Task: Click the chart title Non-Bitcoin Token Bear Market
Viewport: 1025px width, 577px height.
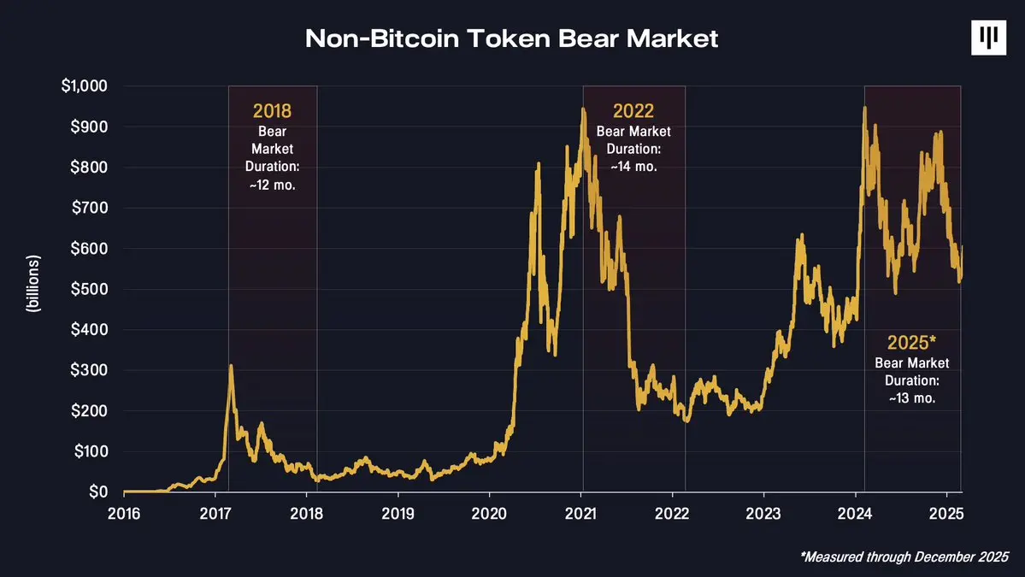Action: click(511, 38)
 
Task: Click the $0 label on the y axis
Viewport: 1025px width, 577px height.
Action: click(97, 492)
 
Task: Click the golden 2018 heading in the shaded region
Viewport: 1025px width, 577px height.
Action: click(272, 111)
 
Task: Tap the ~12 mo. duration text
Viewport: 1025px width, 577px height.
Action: click(272, 185)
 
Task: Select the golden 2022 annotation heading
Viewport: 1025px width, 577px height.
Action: click(633, 111)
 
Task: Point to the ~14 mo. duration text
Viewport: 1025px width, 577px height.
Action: click(633, 167)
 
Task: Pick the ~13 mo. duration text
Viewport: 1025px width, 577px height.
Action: click(912, 398)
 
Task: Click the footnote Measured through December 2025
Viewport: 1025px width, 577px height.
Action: click(904, 556)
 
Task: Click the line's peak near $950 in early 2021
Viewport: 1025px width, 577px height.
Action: click(583, 109)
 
